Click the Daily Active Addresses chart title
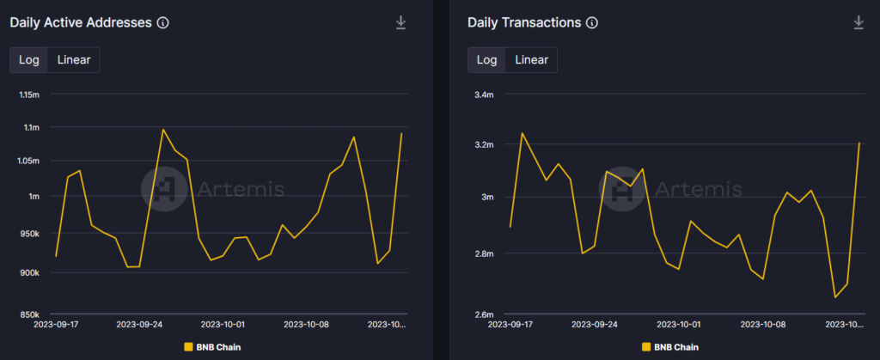tap(82, 22)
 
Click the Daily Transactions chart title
tap(524, 22)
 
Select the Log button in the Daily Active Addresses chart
tap(29, 59)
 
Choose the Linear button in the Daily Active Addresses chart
tap(74, 59)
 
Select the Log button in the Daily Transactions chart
tap(487, 59)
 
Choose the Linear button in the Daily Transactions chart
tap(531, 59)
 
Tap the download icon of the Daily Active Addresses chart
tap(400, 22)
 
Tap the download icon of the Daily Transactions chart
tap(858, 22)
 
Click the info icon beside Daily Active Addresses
tap(163, 23)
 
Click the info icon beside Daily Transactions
tap(591, 23)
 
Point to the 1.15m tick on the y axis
tap(29, 94)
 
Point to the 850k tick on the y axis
tap(29, 314)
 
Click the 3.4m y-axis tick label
tap(484, 95)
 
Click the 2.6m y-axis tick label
tap(484, 314)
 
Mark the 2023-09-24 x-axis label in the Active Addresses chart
tap(139, 325)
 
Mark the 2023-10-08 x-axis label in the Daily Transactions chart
tap(764, 325)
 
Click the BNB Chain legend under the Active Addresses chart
tap(212, 347)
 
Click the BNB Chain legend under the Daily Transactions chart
tap(669, 347)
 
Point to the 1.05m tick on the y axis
tap(29, 161)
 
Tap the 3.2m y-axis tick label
tap(484, 144)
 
